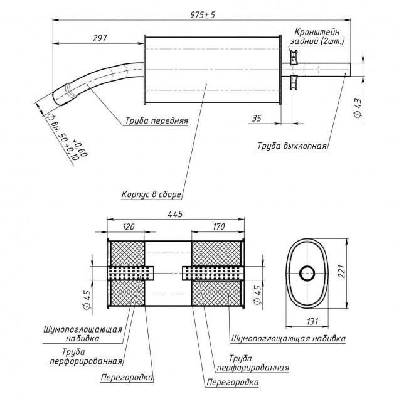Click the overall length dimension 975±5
[x=203, y=15]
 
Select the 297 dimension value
[x=100, y=38]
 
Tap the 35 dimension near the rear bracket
[x=257, y=119]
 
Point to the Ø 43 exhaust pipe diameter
[x=358, y=108]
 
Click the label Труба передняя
[x=157, y=120]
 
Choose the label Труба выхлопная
[x=292, y=146]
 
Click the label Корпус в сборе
[x=151, y=194]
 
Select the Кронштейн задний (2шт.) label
[x=317, y=36]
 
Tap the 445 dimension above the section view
[x=175, y=215]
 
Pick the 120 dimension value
[x=128, y=226]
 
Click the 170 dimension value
[x=219, y=226]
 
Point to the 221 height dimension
[x=342, y=271]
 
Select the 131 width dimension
[x=312, y=322]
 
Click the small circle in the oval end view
[x=307, y=274]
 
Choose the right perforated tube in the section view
[x=212, y=274]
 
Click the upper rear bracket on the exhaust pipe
[x=294, y=56]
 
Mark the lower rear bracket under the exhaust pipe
[x=294, y=82]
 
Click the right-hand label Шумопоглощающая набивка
[x=289, y=338]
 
